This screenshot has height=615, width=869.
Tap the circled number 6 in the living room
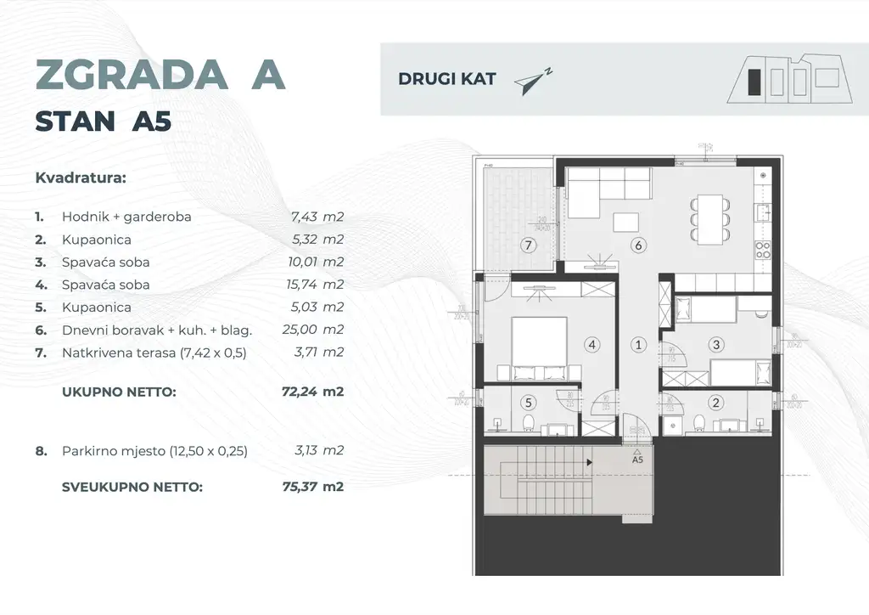click(638, 245)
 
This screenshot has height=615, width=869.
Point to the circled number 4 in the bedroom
click(591, 345)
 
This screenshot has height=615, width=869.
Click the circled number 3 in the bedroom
click(716, 345)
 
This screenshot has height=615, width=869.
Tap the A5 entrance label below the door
click(638, 460)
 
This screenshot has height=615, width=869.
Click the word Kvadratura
click(81, 178)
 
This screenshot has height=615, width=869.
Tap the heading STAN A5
click(103, 121)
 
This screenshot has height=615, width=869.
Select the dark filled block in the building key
click(752, 82)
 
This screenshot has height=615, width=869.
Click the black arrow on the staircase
click(589, 463)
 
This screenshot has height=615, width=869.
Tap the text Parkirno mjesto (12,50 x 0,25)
click(154, 451)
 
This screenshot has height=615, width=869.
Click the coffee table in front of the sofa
click(626, 221)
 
